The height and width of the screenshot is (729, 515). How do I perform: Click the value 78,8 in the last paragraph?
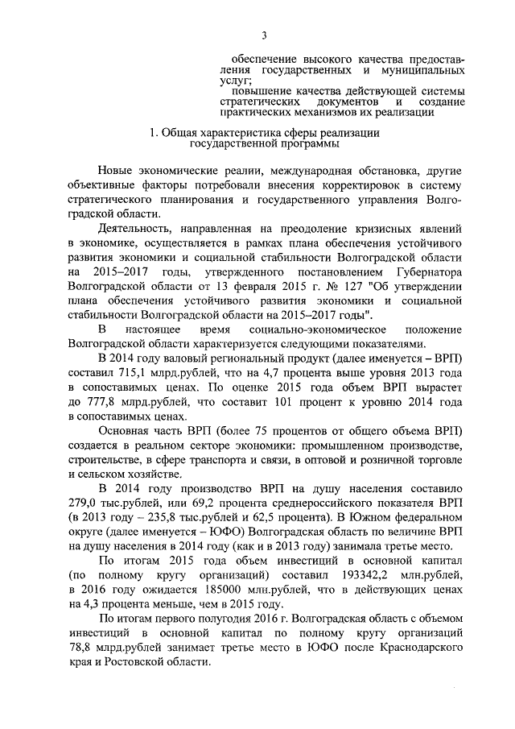click(82, 648)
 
